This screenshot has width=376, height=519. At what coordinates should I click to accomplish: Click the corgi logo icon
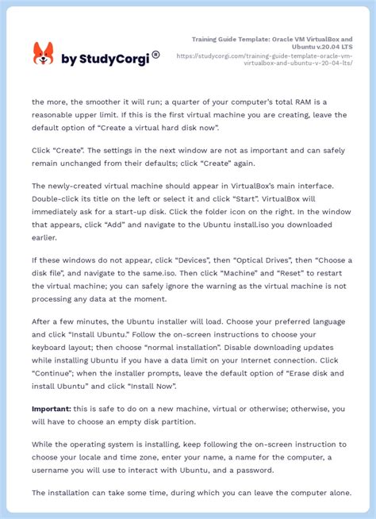point(43,54)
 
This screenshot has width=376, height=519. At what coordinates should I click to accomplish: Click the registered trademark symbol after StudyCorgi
point(155,54)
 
